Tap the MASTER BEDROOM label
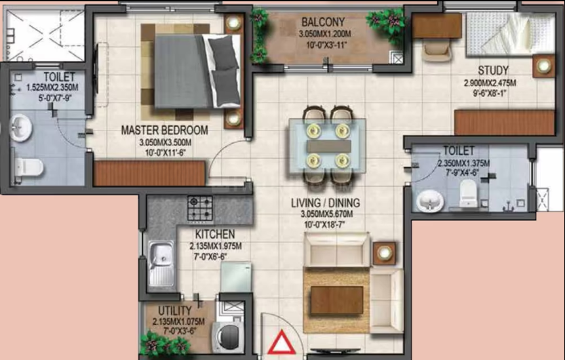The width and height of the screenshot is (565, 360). pos(165,130)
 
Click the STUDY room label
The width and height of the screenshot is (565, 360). pos(493,70)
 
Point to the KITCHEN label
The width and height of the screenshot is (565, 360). pos(214,235)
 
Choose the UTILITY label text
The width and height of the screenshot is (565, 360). pos(175,310)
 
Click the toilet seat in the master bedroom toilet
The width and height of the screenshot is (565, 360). pos(29,167)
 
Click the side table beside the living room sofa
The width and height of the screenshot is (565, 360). pos(383,252)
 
